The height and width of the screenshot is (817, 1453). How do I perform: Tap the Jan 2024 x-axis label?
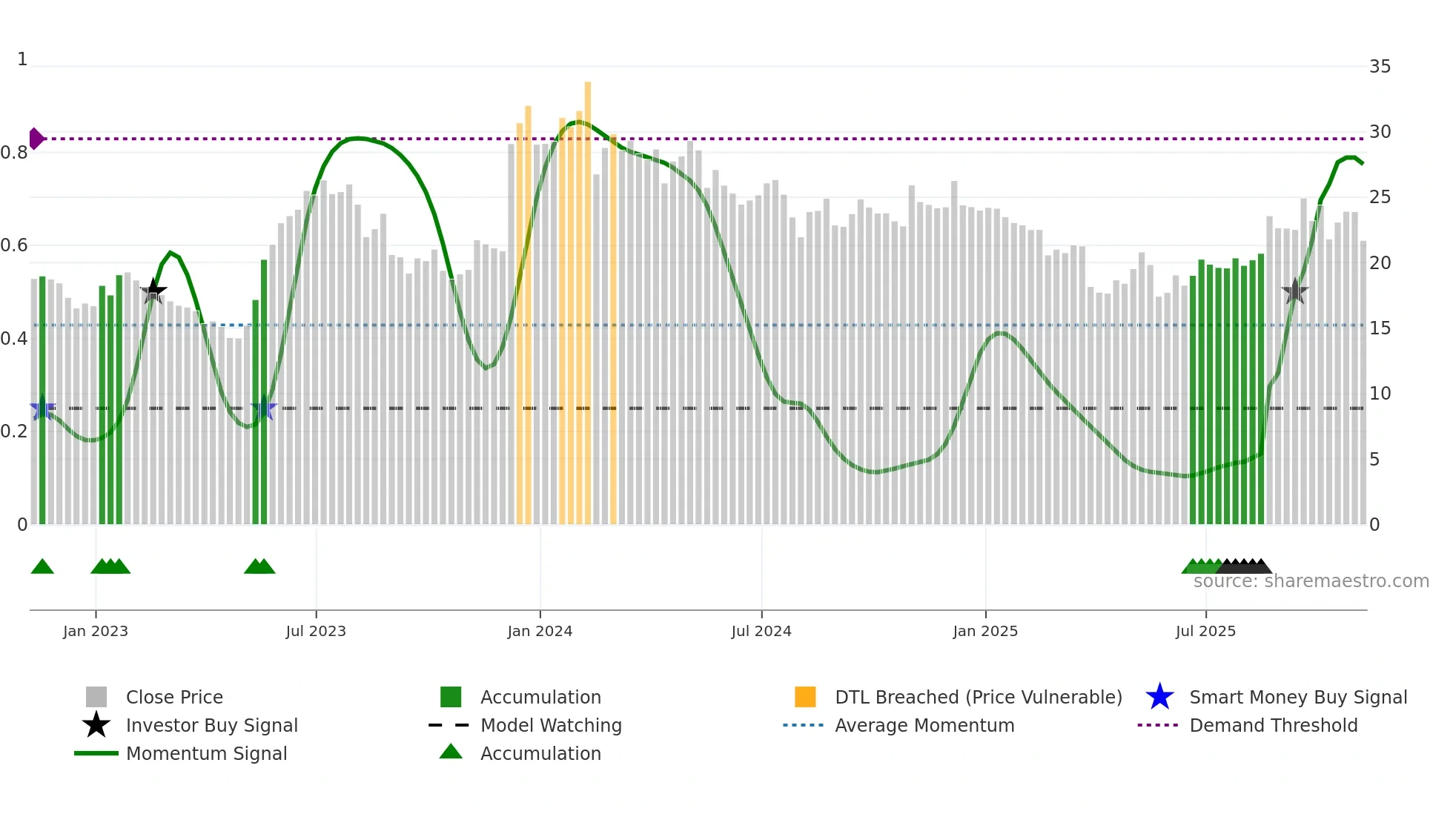(540, 631)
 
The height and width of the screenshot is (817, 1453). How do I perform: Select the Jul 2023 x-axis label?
(316, 631)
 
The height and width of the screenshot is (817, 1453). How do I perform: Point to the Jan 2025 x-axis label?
(985, 631)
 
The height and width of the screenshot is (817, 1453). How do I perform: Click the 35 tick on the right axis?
(1380, 67)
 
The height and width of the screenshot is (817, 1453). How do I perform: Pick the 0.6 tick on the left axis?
(14, 245)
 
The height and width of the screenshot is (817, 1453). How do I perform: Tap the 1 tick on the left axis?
(22, 59)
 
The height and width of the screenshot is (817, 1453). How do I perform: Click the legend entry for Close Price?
(174, 697)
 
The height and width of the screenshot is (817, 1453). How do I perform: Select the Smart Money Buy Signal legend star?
(1159, 697)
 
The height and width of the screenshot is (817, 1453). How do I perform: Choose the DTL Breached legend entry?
(978, 697)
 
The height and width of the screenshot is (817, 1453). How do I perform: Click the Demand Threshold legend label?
(1273, 725)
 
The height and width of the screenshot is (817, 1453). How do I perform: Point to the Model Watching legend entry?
(551, 725)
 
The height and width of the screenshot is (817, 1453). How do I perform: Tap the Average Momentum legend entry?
(924, 725)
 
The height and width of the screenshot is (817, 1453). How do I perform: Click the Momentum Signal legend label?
(206, 753)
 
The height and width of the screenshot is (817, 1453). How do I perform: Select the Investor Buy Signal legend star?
(96, 725)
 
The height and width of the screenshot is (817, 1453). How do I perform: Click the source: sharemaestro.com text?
(1311, 581)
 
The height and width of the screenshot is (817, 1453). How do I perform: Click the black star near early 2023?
(153, 291)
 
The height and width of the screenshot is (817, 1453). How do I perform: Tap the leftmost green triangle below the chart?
(42, 567)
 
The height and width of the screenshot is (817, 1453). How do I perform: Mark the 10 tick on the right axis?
(1380, 394)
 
